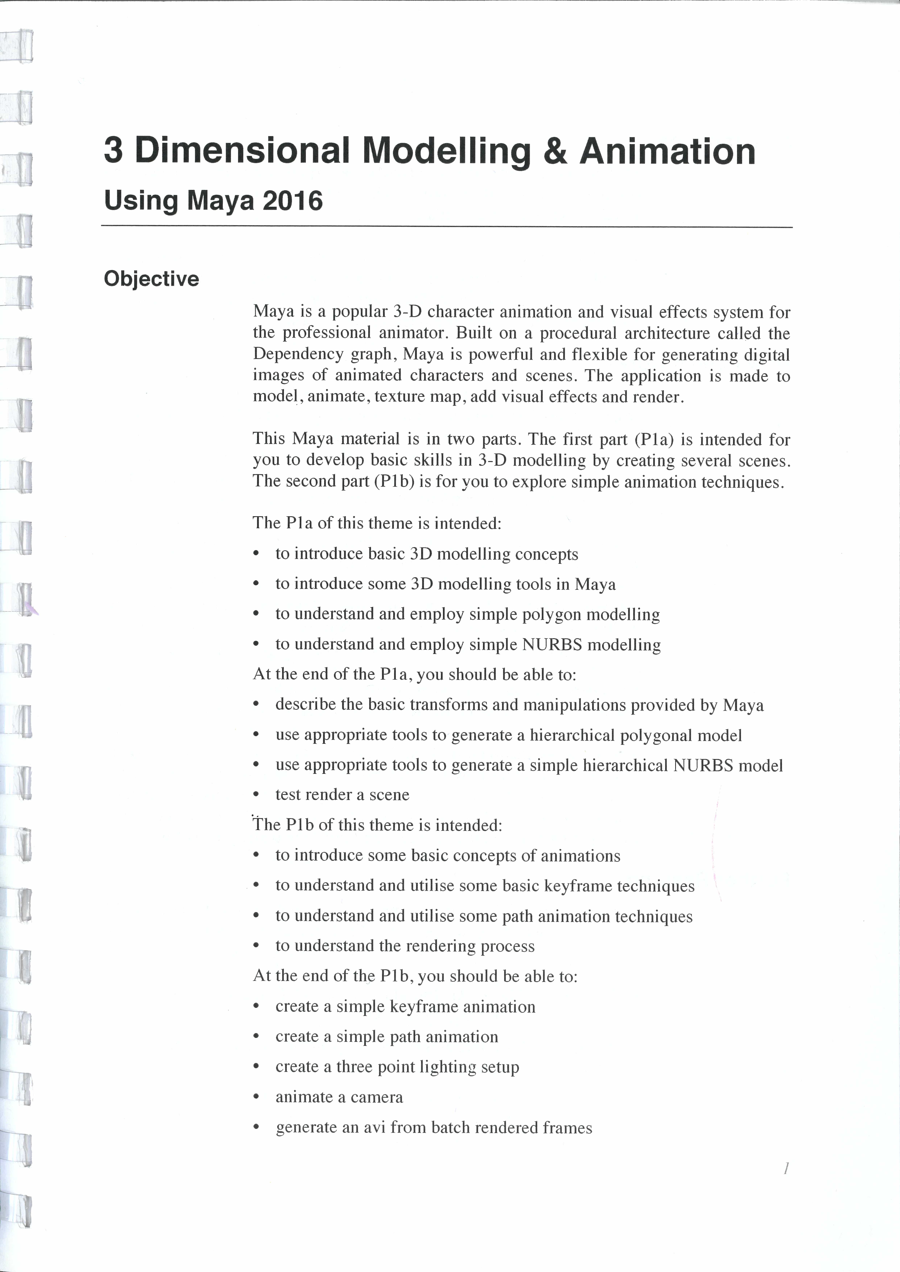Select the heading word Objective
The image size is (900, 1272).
(151, 279)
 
